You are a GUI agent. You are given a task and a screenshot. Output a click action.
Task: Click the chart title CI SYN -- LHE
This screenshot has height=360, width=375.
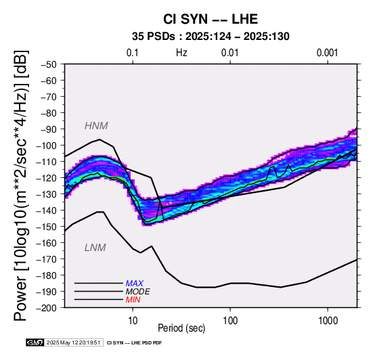coord(211,19)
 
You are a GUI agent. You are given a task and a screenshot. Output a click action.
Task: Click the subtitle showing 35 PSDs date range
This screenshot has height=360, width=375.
coord(211,37)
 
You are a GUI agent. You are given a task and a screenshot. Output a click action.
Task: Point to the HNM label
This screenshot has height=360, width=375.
coord(96,126)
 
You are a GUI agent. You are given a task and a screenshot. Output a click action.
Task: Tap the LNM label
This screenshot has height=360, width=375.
coord(95,248)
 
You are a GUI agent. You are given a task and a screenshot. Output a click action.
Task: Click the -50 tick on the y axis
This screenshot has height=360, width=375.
coord(49,64)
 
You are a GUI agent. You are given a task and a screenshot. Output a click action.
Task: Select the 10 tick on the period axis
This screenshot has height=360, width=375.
coord(133,320)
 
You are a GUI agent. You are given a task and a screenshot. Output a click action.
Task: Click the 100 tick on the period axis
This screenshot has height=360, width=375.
coord(230,320)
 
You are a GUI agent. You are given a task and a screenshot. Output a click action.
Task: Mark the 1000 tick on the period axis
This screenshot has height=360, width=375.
coord(328,320)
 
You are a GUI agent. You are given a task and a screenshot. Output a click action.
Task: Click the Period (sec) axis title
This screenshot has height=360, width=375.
coord(181,328)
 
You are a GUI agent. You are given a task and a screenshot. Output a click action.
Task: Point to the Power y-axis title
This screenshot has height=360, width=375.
coord(20,185)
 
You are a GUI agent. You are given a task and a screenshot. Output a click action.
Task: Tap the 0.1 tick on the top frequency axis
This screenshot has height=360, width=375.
coord(133,53)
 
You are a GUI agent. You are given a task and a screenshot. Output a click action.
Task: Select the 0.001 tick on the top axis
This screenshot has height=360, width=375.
coord(328,53)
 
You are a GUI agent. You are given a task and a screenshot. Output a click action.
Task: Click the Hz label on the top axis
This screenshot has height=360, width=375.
coord(181,53)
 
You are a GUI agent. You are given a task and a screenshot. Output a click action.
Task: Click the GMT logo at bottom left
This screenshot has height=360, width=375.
coord(35,342)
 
